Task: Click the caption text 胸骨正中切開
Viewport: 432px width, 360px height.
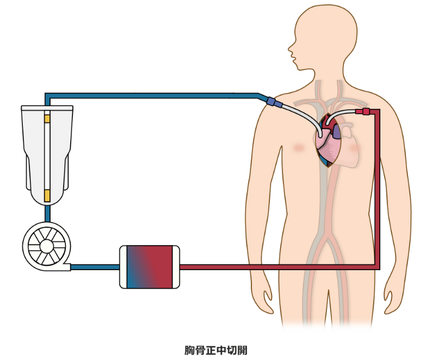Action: pyautogui.click(x=216, y=349)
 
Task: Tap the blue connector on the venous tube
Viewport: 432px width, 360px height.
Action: pyautogui.click(x=274, y=102)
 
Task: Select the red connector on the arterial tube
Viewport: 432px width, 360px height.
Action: pyautogui.click(x=362, y=112)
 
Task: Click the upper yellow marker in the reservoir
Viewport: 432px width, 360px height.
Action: pyautogui.click(x=47, y=118)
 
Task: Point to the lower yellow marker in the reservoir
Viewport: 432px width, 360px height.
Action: pyautogui.click(x=47, y=195)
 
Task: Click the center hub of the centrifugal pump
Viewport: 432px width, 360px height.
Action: pyautogui.click(x=46, y=246)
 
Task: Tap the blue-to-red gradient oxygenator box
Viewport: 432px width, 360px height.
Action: pyautogui.click(x=149, y=267)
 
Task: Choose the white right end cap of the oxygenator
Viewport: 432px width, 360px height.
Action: pyautogui.click(x=175, y=267)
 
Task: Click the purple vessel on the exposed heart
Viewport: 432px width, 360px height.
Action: pyautogui.click(x=337, y=131)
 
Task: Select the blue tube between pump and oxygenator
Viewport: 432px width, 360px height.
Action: pyautogui.click(x=95, y=267)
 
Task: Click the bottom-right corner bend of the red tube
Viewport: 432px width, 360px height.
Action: pyautogui.click(x=377, y=266)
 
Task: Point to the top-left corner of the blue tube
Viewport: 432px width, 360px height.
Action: pyautogui.click(x=47, y=96)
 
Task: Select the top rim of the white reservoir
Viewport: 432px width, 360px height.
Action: pyautogui.click(x=47, y=107)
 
